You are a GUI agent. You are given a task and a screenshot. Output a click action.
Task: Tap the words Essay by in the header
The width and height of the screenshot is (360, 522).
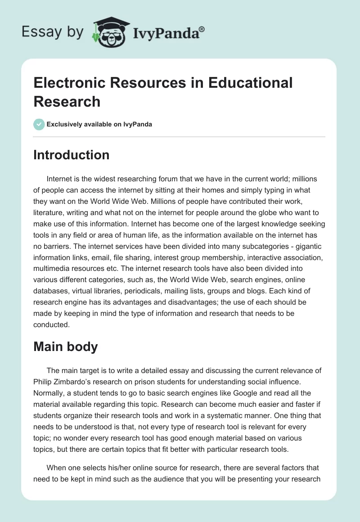coord(52,33)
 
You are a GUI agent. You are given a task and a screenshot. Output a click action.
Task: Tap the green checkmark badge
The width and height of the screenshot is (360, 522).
coord(39,124)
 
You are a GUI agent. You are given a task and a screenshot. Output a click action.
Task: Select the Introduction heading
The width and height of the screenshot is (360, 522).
coord(71,155)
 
